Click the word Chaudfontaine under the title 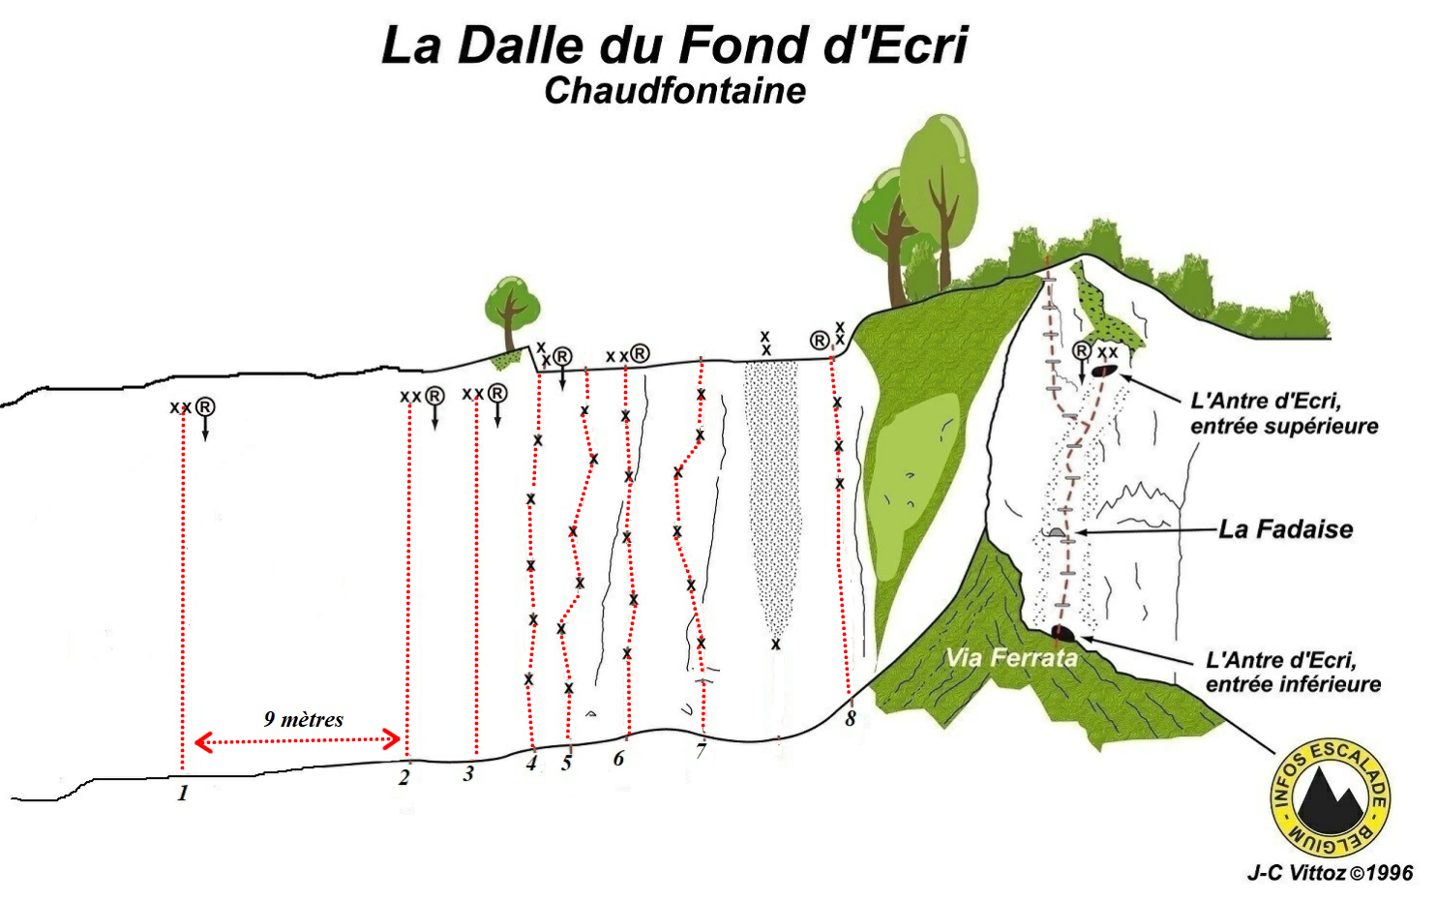pyautogui.click(x=674, y=90)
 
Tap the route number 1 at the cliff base pyautogui.click(x=183, y=793)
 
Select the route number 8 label pyautogui.click(x=850, y=718)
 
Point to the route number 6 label pyautogui.click(x=618, y=758)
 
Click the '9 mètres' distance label pyautogui.click(x=303, y=719)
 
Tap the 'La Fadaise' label pyautogui.click(x=1285, y=529)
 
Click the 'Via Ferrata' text pyautogui.click(x=1011, y=658)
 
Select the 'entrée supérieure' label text pyautogui.click(x=1284, y=426)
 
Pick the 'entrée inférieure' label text pyautogui.click(x=1293, y=684)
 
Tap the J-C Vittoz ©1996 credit pyautogui.click(x=1330, y=873)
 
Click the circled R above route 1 pyautogui.click(x=204, y=406)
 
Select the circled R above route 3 pyautogui.click(x=497, y=393)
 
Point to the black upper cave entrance pyautogui.click(x=1104, y=370)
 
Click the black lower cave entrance pyautogui.click(x=1063, y=633)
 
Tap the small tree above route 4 pyautogui.click(x=510, y=310)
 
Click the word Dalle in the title pyautogui.click(x=526, y=45)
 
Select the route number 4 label pyautogui.click(x=531, y=763)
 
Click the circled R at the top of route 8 pyautogui.click(x=820, y=340)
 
